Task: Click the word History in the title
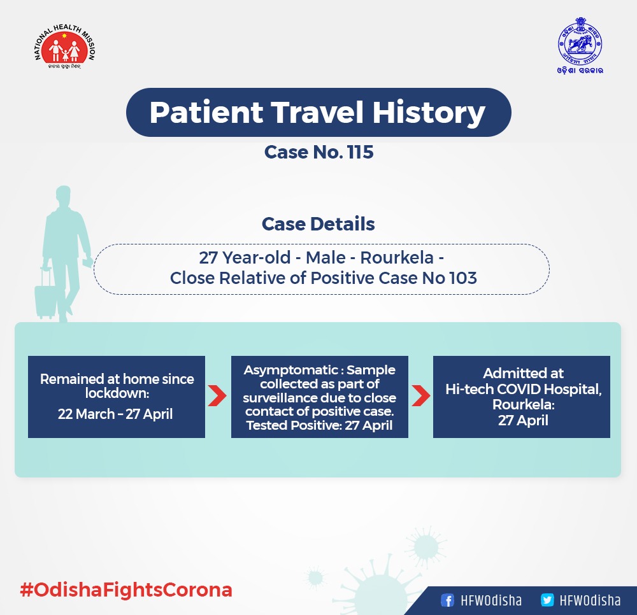pos(429,113)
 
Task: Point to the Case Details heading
pos(318,224)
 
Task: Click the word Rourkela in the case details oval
pos(397,258)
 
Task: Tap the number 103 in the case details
pos(463,278)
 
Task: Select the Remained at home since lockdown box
pos(117,397)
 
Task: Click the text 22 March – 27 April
pos(115,414)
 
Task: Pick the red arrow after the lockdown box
pos(217,396)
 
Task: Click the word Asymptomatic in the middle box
pos(291,371)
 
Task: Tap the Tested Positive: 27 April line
pos(319,425)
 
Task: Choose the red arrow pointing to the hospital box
pos(421,396)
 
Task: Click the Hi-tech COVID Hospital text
pos(524,389)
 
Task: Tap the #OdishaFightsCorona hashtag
pos(126,590)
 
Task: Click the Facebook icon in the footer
pos(447,600)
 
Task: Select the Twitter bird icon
pos(547,600)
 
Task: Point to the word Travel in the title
pos(317,113)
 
